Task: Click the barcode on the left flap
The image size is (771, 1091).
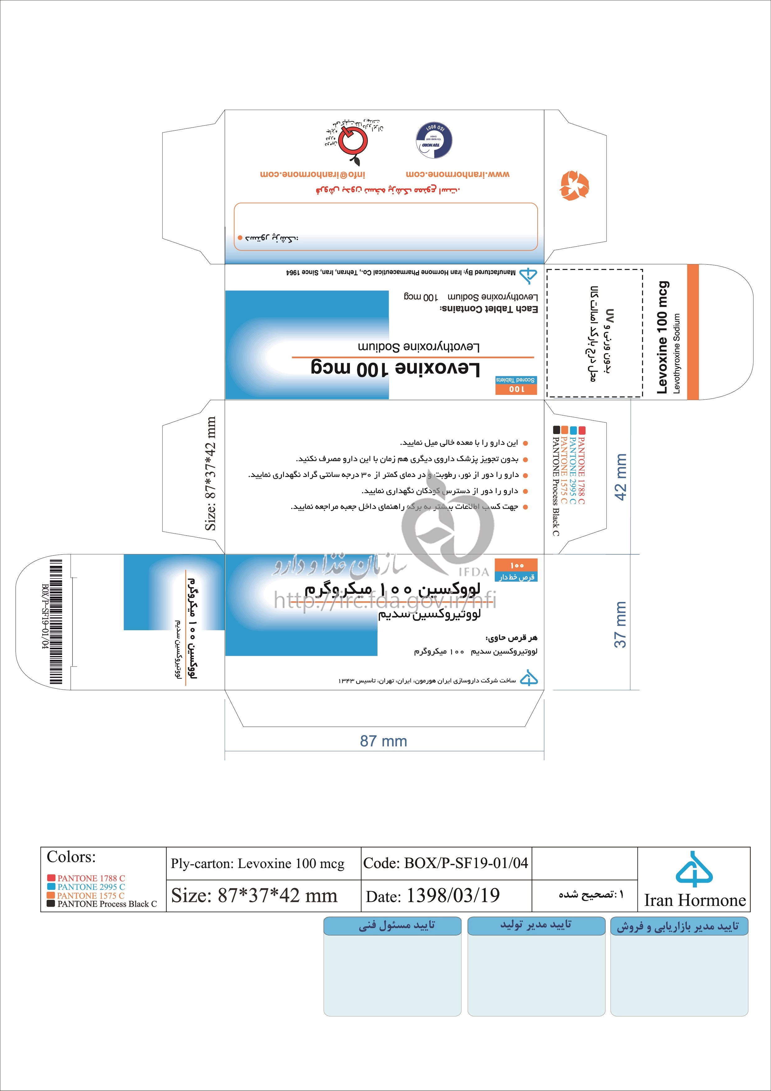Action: pyautogui.click(x=56, y=622)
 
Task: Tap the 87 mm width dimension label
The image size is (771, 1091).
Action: pyautogui.click(x=383, y=741)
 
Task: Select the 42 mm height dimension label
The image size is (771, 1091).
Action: pyautogui.click(x=620, y=477)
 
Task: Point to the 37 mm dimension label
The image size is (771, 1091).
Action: pyautogui.click(x=620, y=624)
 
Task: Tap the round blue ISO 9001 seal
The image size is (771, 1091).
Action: pyautogui.click(x=434, y=140)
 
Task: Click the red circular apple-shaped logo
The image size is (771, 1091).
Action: pyautogui.click(x=353, y=140)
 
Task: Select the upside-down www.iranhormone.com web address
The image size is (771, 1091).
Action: pyautogui.click(x=457, y=174)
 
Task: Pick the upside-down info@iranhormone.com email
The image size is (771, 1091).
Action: pyautogui.click(x=312, y=174)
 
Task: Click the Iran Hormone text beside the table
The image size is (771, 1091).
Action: pyautogui.click(x=695, y=900)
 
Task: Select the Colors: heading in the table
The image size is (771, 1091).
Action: pyautogui.click(x=71, y=857)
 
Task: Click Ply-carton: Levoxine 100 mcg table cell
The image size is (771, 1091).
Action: pyautogui.click(x=258, y=863)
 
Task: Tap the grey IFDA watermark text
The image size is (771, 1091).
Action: pyautogui.click(x=474, y=572)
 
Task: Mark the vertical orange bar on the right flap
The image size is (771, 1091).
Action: pyautogui.click(x=693, y=332)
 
